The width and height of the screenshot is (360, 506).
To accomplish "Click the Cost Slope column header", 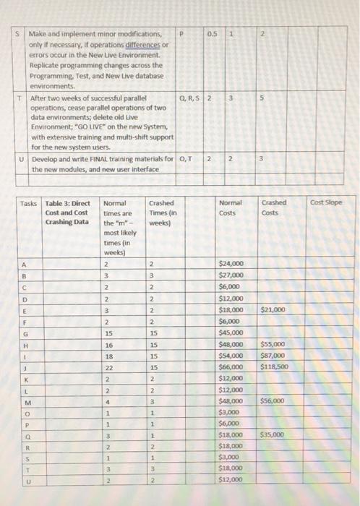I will click(x=325, y=203).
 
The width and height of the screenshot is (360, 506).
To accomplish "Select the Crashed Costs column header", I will click(x=275, y=207).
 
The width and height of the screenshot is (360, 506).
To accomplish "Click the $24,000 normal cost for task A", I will click(x=232, y=263).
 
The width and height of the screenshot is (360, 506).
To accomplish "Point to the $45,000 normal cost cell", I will click(x=232, y=332).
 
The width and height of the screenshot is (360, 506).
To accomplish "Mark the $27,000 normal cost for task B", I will click(x=232, y=275).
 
